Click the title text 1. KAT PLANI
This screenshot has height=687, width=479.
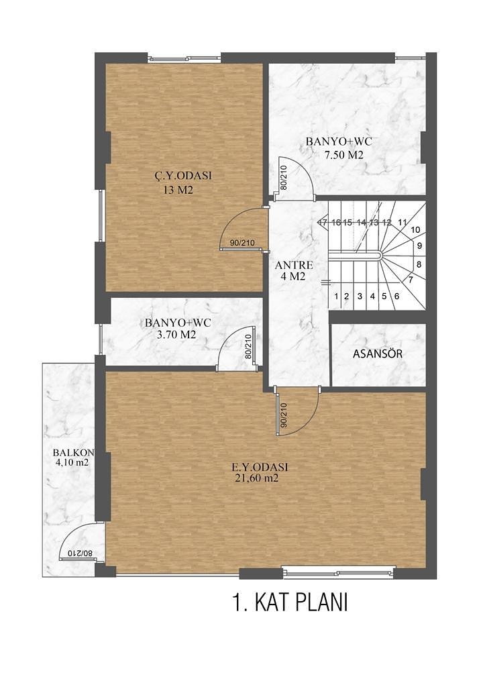click(290, 602)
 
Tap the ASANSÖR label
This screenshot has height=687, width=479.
click(378, 354)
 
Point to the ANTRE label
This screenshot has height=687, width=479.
click(294, 264)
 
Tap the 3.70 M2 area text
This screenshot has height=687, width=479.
click(176, 334)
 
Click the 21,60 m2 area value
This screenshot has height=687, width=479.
click(256, 479)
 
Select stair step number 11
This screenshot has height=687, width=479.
click(402, 222)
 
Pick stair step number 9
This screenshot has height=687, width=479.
click(419, 246)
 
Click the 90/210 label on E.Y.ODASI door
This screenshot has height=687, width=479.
click(283, 416)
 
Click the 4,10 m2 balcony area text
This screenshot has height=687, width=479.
click(72, 462)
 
